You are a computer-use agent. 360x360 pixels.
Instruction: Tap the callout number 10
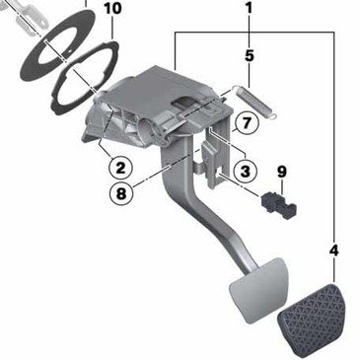tap(112, 9)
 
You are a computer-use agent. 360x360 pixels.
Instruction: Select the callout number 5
tap(249, 56)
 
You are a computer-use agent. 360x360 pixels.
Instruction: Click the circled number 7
tap(248, 123)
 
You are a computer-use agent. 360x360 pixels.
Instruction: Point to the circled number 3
tap(247, 171)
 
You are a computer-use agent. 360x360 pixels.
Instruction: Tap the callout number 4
tap(333, 252)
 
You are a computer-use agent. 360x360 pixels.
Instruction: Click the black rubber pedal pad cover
tap(314, 321)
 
